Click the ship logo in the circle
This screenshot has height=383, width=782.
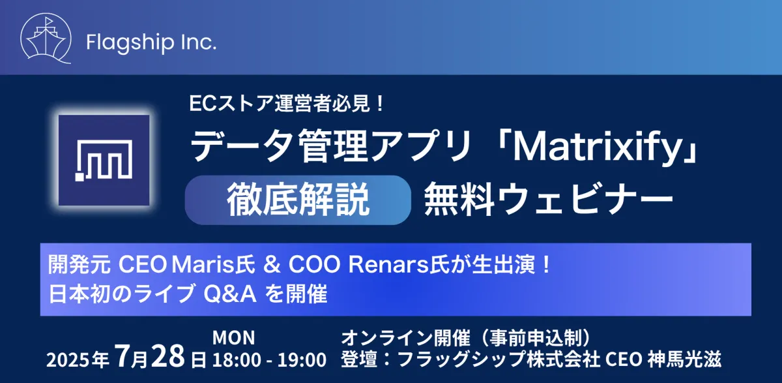(x=46, y=38)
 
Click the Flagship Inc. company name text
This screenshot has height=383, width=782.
(x=151, y=42)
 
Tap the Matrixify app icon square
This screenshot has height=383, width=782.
(x=104, y=160)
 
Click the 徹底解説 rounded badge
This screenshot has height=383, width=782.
(x=298, y=200)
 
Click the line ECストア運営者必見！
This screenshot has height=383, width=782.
(x=287, y=104)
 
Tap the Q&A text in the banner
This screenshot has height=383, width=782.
(x=230, y=294)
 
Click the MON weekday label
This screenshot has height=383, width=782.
(x=233, y=337)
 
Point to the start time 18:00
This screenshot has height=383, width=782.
(x=237, y=360)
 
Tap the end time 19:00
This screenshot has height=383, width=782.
(x=302, y=360)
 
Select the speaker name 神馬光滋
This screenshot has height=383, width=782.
(x=685, y=360)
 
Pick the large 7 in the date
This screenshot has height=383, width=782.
(x=123, y=356)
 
